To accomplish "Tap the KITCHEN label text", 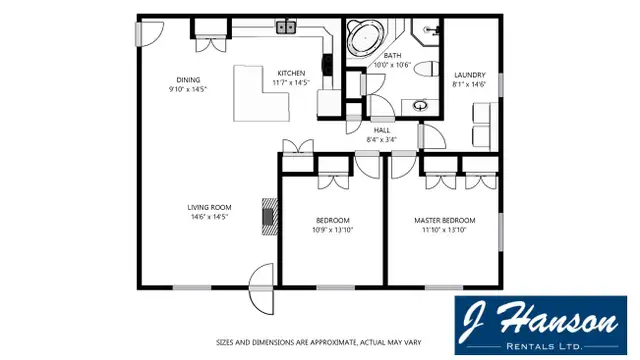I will [291, 73].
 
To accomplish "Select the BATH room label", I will [392, 56].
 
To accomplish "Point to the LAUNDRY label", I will [469, 75].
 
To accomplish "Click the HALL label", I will [382, 130].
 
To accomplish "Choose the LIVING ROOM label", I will [209, 207].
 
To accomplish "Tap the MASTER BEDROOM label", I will [444, 220].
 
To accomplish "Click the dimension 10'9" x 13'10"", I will [332, 230].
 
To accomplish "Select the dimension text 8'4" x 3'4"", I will [382, 140].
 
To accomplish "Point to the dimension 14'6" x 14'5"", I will [209, 217].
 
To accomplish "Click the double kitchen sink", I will [287, 28].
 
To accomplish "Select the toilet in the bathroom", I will [424, 69].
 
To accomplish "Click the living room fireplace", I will [267, 216].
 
